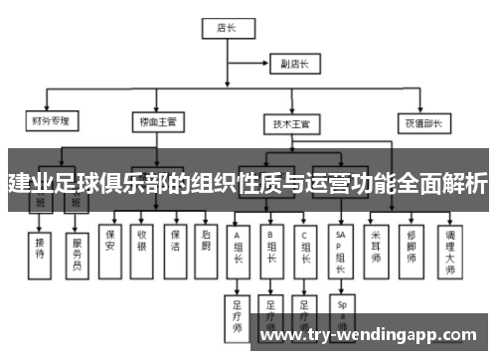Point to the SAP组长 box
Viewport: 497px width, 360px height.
(x=341, y=248)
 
